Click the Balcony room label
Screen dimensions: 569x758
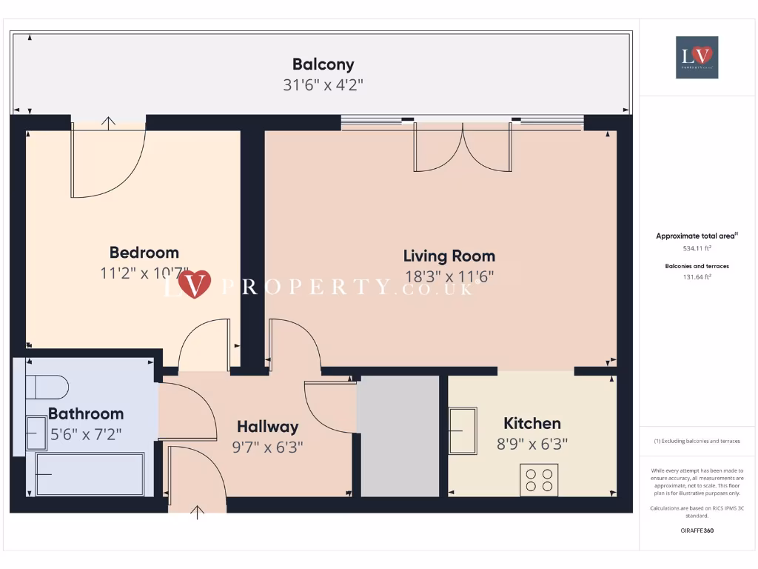pyautogui.click(x=323, y=64)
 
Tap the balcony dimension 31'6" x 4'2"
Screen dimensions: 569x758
pyautogui.click(x=323, y=85)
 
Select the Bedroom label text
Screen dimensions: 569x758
pyautogui.click(x=144, y=253)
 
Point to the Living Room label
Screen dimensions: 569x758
pyautogui.click(x=449, y=256)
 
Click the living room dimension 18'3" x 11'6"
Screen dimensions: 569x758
pyautogui.click(x=449, y=277)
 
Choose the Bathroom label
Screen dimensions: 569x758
pyautogui.click(x=86, y=414)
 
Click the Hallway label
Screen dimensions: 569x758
pyautogui.click(x=268, y=427)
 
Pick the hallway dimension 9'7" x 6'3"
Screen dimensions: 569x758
pyautogui.click(x=268, y=447)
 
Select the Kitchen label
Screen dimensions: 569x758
pyautogui.click(x=532, y=424)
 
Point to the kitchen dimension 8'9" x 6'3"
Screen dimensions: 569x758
pyautogui.click(x=532, y=445)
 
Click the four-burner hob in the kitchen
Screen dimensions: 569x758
pyautogui.click(x=539, y=479)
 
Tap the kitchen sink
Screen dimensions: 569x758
pyautogui.click(x=463, y=430)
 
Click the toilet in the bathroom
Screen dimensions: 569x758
pyautogui.click(x=46, y=387)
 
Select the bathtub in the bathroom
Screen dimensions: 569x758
pyautogui.click(x=90, y=474)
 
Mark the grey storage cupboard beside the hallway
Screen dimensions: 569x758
pyautogui.click(x=398, y=436)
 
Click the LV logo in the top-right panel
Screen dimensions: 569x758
pyautogui.click(x=697, y=57)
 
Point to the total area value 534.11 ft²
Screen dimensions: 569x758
pyautogui.click(x=697, y=249)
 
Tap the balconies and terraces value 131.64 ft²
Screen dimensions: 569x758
pyautogui.click(x=697, y=277)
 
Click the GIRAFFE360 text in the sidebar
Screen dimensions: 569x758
pyautogui.click(x=697, y=530)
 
